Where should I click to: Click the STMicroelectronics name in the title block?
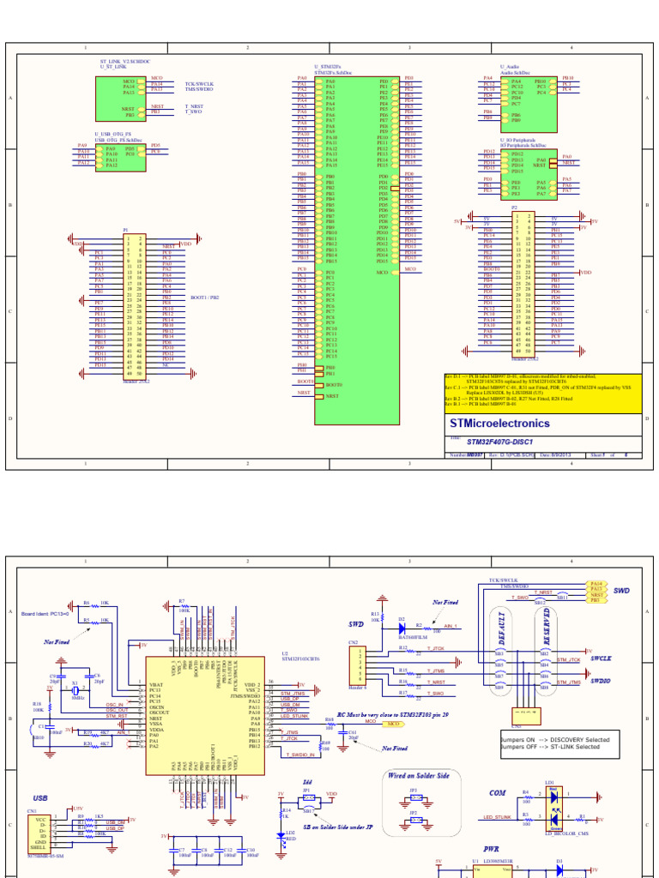[500, 424]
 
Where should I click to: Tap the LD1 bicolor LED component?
[552, 807]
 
